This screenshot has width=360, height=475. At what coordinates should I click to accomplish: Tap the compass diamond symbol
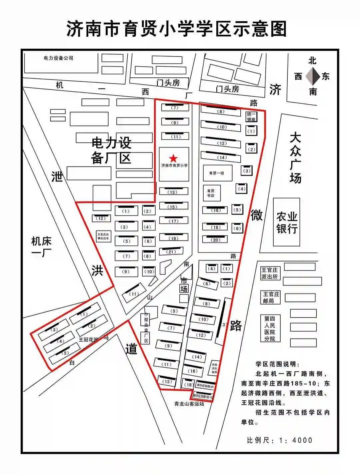(312, 76)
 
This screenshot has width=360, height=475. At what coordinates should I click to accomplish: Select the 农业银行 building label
(286, 222)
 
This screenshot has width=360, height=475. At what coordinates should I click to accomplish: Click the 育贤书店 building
(211, 193)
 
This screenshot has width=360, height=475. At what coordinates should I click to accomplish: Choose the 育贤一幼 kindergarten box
(217, 173)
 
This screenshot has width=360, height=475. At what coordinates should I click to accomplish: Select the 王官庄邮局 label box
(271, 297)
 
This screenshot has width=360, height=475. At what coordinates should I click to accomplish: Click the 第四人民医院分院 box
(270, 328)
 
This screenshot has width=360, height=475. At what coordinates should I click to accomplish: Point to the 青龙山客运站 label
(189, 404)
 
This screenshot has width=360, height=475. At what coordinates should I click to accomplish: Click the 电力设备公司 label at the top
(58, 58)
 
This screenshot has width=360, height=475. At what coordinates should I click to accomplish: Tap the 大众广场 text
(295, 158)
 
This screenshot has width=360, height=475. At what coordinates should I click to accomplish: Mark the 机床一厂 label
(42, 247)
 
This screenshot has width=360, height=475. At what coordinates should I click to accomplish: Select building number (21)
(171, 252)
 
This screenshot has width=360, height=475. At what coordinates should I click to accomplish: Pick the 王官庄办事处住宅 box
(103, 236)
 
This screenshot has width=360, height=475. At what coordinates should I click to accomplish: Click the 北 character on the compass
(312, 61)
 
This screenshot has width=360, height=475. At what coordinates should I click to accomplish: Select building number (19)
(173, 238)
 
